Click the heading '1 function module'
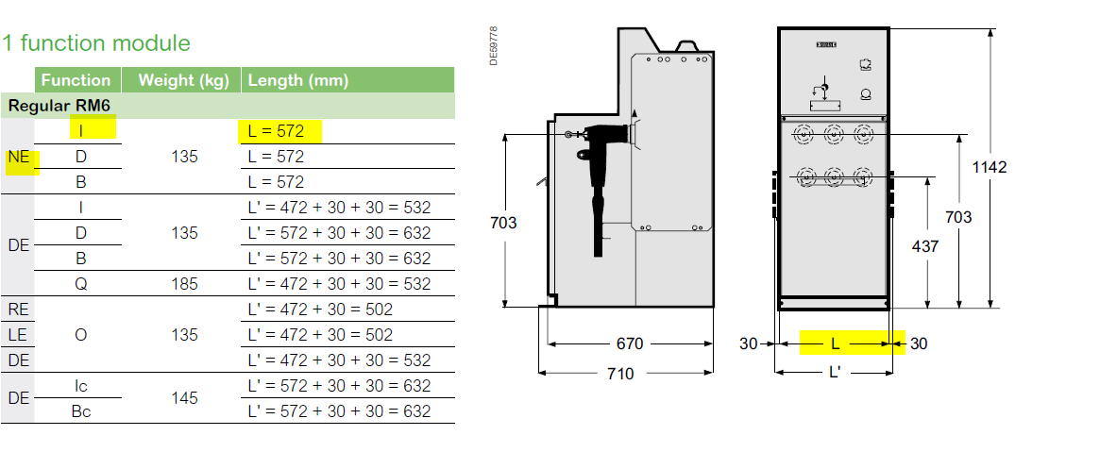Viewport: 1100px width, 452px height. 96,43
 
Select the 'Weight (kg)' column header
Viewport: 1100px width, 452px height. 184,80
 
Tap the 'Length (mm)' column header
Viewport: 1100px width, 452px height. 298,80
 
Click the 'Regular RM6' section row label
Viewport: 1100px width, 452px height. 59,106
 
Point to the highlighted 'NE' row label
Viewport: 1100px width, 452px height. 19,158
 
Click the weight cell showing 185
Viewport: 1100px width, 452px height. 184,284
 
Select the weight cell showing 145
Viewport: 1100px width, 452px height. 184,398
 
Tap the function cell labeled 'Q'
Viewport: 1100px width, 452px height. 80,285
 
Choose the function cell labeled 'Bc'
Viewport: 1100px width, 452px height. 80,411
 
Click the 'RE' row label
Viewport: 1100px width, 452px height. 18,310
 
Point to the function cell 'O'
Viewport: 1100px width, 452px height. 80,335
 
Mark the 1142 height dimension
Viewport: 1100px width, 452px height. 990,167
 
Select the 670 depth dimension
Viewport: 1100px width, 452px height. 629,344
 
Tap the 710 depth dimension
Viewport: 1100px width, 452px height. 619,374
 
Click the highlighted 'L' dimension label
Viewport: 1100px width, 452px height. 835,344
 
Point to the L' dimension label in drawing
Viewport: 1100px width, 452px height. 835,372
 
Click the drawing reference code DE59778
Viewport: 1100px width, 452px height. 494,46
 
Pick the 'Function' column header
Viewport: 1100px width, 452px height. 76,80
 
